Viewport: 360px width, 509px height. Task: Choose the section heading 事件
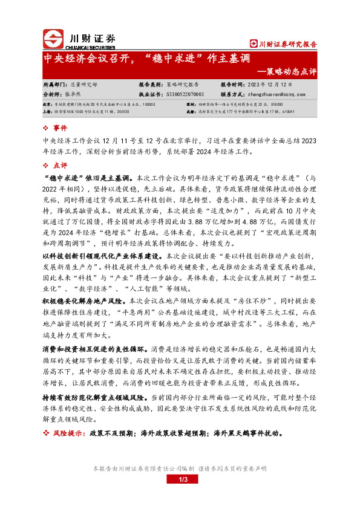[x=61, y=128]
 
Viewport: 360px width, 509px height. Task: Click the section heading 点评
[x=61, y=164]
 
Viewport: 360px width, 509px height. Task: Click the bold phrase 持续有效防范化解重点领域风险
[x=93, y=398]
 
